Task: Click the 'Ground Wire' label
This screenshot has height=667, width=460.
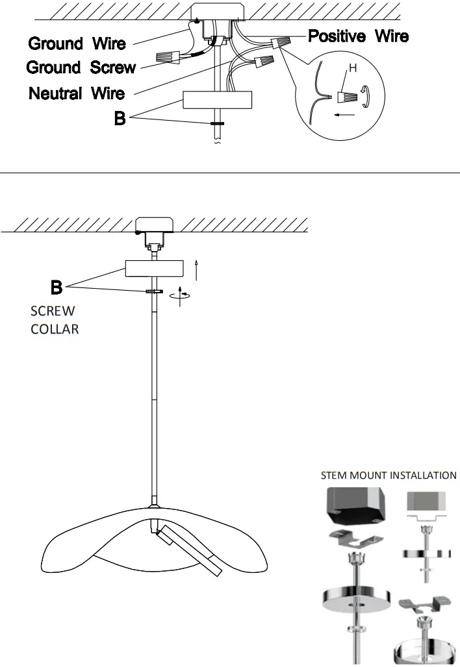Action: [x=77, y=43]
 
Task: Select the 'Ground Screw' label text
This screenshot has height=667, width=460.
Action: [x=81, y=67]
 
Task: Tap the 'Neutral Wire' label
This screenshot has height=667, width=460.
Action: [x=77, y=93]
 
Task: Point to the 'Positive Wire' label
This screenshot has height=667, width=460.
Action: [x=358, y=36]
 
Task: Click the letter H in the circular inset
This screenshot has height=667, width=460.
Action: [x=353, y=68]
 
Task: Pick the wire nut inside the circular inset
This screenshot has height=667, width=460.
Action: [x=347, y=98]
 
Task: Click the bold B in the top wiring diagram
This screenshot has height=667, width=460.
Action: [x=120, y=119]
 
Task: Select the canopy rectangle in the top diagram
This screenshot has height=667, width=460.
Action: [x=217, y=99]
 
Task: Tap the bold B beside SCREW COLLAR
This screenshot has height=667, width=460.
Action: [x=57, y=286]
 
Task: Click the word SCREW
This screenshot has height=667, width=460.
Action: [x=53, y=311]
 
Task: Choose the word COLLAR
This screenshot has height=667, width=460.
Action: [x=55, y=329]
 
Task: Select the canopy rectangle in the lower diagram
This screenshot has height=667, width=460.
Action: [x=154, y=269]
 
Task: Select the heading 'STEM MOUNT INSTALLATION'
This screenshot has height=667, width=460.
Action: [x=389, y=476]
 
